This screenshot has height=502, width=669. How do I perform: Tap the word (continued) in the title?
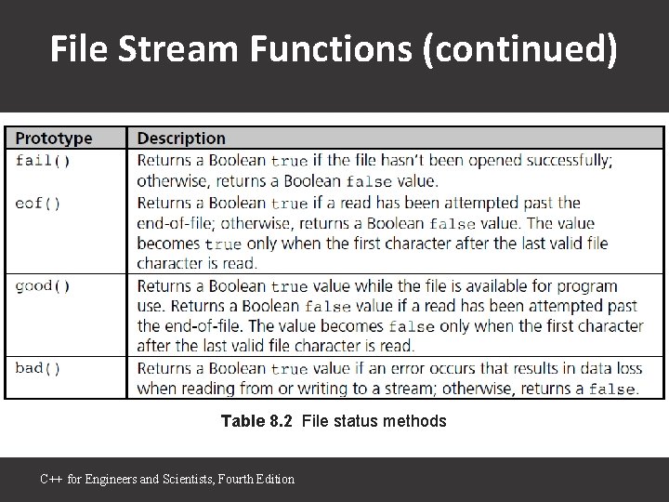(518, 51)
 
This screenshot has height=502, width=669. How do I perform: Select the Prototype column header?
(54, 139)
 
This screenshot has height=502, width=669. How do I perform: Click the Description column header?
(181, 139)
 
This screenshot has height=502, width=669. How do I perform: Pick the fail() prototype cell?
(43, 160)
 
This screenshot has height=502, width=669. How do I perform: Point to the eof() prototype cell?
(38, 202)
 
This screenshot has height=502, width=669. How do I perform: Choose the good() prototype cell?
(43, 285)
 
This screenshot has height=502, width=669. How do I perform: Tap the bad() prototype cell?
(38, 368)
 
